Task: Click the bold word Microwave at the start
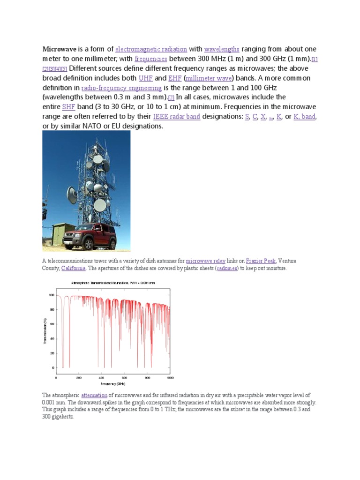60,49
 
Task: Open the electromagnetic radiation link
151,49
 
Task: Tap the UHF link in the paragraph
145,78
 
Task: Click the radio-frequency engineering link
121,88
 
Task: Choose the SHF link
68,107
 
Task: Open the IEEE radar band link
177,117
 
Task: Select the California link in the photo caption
73,268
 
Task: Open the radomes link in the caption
227,268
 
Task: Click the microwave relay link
205,261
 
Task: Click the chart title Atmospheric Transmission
112,283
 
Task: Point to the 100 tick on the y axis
52,295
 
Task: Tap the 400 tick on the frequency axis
101,377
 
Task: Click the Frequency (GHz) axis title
112,383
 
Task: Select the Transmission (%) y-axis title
45,331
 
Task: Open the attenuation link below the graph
95,395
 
